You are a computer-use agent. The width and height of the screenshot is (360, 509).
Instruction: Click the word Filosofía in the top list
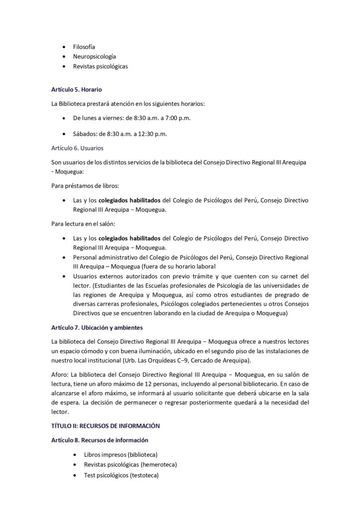pyautogui.click(x=84, y=46)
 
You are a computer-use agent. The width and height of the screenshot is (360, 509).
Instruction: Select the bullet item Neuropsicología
pyautogui.click(x=94, y=56)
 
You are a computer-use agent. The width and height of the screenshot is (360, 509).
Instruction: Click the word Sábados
pyautogui.click(x=85, y=134)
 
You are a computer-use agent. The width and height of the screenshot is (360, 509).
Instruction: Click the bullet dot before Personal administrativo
pyautogui.click(x=64, y=257)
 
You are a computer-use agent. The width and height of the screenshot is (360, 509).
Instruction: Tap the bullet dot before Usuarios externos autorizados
pyautogui.click(x=64, y=276)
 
